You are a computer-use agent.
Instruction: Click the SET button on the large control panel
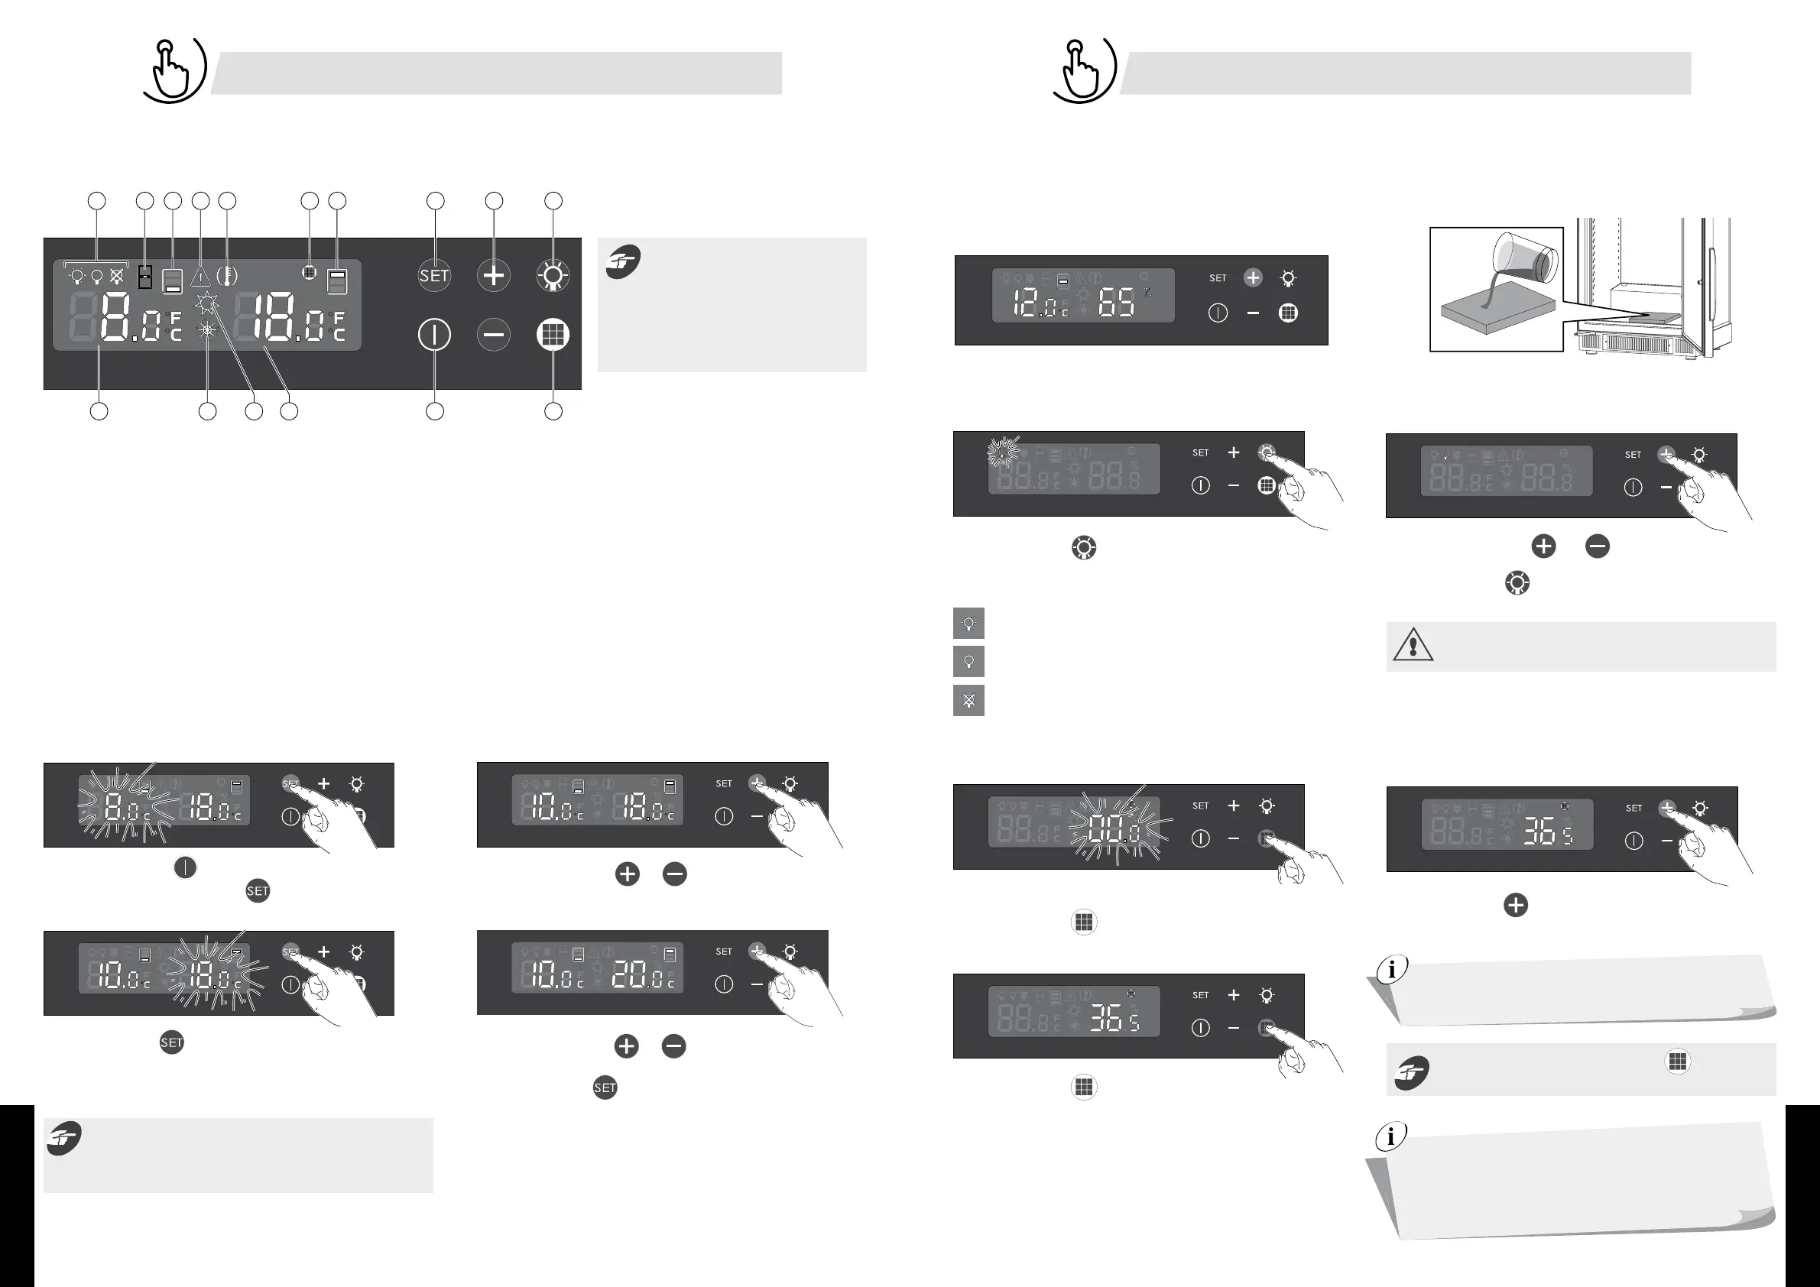(x=434, y=276)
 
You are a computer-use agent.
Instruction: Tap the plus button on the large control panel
(x=493, y=276)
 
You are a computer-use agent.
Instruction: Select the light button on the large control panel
(x=553, y=276)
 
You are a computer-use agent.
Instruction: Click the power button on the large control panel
(x=434, y=335)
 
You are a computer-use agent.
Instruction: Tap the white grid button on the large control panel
(x=553, y=335)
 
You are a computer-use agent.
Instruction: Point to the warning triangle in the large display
(x=200, y=277)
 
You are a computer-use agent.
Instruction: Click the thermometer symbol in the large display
(x=227, y=276)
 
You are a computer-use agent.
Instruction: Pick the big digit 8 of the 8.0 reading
(x=115, y=316)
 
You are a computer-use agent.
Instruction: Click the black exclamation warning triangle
(x=1413, y=646)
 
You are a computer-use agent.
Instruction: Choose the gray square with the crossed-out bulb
(x=968, y=701)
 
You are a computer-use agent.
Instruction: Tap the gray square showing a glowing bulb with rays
(x=968, y=624)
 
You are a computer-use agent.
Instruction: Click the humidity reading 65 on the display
(x=1116, y=303)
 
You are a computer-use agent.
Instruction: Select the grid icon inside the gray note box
(x=1677, y=1061)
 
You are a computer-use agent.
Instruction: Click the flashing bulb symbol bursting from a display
(x=1003, y=452)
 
